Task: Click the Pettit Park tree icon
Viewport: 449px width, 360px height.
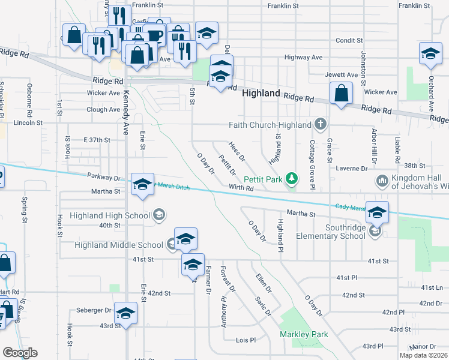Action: [x=292, y=178]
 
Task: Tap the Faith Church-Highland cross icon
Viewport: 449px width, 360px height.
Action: [x=321, y=125]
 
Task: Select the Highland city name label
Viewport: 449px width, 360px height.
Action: [x=261, y=94]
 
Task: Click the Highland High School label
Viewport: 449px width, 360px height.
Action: [x=109, y=215]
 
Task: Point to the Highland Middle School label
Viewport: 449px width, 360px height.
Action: [x=119, y=245]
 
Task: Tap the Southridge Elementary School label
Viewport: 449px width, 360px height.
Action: [x=345, y=232]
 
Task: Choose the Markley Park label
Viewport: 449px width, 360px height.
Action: [x=304, y=334]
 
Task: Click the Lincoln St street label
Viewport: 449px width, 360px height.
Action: [x=31, y=122]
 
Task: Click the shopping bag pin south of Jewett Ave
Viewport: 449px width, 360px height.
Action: [x=340, y=94]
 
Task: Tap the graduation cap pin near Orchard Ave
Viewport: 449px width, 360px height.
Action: [x=430, y=53]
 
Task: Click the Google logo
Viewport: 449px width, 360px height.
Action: [x=19, y=353]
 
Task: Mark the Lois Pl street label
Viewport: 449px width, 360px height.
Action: [x=246, y=340]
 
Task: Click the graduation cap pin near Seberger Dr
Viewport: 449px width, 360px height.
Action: [x=125, y=313]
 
